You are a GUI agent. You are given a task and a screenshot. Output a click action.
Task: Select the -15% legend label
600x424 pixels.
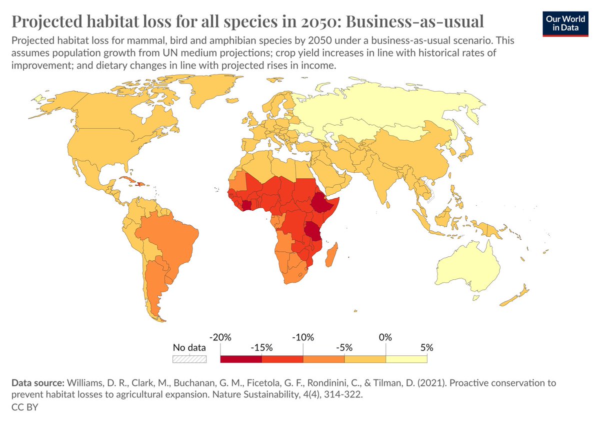(261, 347)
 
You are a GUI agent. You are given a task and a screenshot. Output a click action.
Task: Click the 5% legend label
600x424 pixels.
(426, 347)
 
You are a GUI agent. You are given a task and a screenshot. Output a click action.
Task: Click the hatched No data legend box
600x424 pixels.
(189, 359)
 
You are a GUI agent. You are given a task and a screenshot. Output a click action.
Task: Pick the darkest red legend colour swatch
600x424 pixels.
(240, 359)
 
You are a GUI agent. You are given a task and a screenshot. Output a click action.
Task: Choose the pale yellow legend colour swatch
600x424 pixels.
(406, 359)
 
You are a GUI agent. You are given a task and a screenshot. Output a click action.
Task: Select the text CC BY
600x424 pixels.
(24, 407)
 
